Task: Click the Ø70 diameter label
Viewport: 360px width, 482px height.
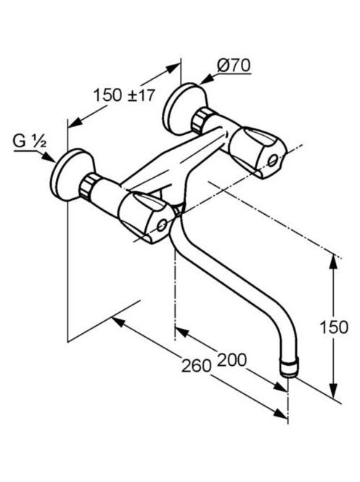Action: pos(234,65)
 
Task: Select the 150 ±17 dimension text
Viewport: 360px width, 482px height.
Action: pos(124,95)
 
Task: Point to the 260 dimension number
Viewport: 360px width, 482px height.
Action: pos(196,366)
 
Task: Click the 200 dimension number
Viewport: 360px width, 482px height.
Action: pos(232,359)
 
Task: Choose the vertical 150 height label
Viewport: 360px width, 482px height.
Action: pos(334,327)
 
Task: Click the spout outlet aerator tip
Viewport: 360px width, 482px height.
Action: pos(289,368)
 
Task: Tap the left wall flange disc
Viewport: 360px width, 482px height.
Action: pos(73,175)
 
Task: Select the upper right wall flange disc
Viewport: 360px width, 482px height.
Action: pos(184,108)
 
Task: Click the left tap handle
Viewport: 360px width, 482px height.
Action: pos(146,217)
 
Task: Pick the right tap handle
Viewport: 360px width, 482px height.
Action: pos(258,152)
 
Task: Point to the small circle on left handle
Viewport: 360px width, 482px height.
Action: pos(162,226)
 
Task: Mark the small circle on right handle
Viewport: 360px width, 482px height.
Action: pos(273,160)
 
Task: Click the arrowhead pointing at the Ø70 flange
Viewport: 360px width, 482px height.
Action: pos(207,79)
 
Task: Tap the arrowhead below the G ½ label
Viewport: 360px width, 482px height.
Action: pos(49,157)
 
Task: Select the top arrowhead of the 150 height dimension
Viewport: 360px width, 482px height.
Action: pos(333,264)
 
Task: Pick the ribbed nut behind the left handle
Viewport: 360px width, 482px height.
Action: pos(89,186)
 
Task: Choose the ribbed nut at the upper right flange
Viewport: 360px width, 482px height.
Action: pos(200,120)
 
